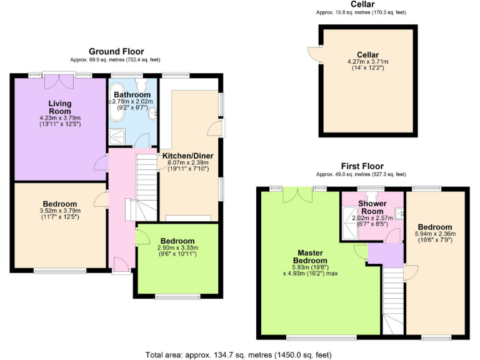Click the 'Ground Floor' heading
click(x=116, y=51)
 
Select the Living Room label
click(x=60, y=107)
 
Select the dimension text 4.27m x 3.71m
click(x=367, y=62)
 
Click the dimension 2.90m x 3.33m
click(x=177, y=248)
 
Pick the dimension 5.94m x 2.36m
click(x=434, y=234)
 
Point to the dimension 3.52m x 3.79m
click(x=60, y=211)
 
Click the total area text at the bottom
click(x=238, y=354)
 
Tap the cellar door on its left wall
click(x=312, y=54)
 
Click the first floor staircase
click(x=392, y=294)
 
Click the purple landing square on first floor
click(x=377, y=254)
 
